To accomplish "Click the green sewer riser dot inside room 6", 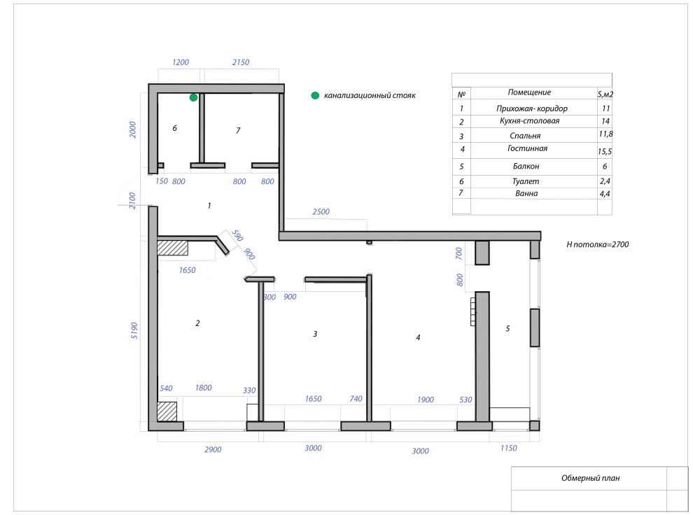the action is pyautogui.click(x=194, y=97).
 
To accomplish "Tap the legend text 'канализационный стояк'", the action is pyautogui.click(x=370, y=95).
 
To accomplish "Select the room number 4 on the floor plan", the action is pyautogui.click(x=418, y=337).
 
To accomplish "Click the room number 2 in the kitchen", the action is pyautogui.click(x=197, y=323).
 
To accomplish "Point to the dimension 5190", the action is pyautogui.click(x=134, y=331).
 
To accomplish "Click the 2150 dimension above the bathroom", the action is pyautogui.click(x=241, y=62).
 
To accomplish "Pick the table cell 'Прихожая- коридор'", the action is pyautogui.click(x=532, y=108).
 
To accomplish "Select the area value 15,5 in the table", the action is pyautogui.click(x=605, y=152).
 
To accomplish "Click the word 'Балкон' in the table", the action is pyautogui.click(x=526, y=167).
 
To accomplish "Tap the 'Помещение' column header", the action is pyautogui.click(x=529, y=92).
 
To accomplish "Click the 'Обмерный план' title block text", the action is pyautogui.click(x=591, y=478).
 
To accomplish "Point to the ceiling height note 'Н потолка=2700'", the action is pyautogui.click(x=598, y=244).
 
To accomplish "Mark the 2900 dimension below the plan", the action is pyautogui.click(x=213, y=450).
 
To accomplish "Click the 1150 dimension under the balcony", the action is pyautogui.click(x=508, y=448).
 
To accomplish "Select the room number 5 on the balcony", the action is pyautogui.click(x=507, y=329).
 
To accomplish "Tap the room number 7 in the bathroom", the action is pyautogui.click(x=238, y=130).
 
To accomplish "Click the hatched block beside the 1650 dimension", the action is pyautogui.click(x=172, y=247).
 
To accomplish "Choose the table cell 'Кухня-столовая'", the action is pyautogui.click(x=529, y=121).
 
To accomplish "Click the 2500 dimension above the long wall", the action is pyautogui.click(x=321, y=211).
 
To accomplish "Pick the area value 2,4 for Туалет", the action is pyautogui.click(x=605, y=181).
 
